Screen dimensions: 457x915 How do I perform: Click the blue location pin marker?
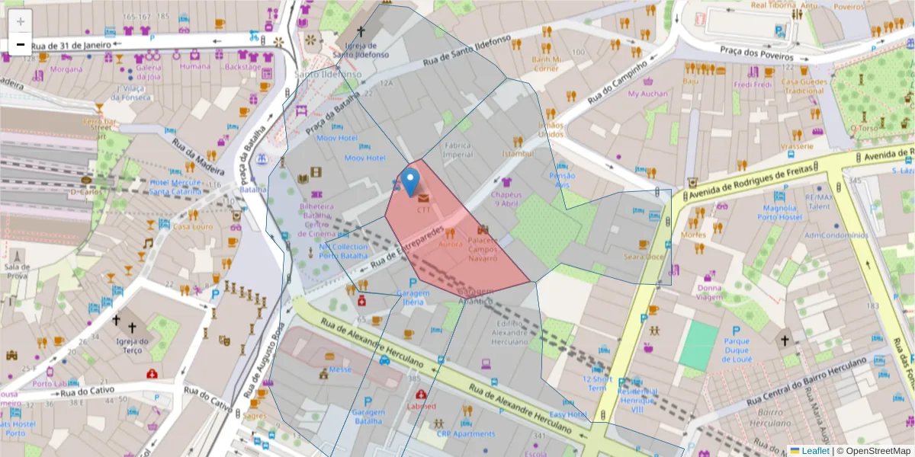(410, 181)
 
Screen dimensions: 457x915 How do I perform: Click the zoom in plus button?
(21, 21)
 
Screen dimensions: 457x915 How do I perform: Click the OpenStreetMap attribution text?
(873, 451)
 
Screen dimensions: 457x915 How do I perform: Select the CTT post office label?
(424, 209)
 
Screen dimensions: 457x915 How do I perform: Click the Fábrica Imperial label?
(459, 149)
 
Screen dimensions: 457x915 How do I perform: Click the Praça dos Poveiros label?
(753, 52)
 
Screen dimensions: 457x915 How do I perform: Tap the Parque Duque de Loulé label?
(737, 350)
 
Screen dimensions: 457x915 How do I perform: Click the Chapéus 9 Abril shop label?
(508, 199)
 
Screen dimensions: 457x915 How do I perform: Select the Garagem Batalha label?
(368, 416)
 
